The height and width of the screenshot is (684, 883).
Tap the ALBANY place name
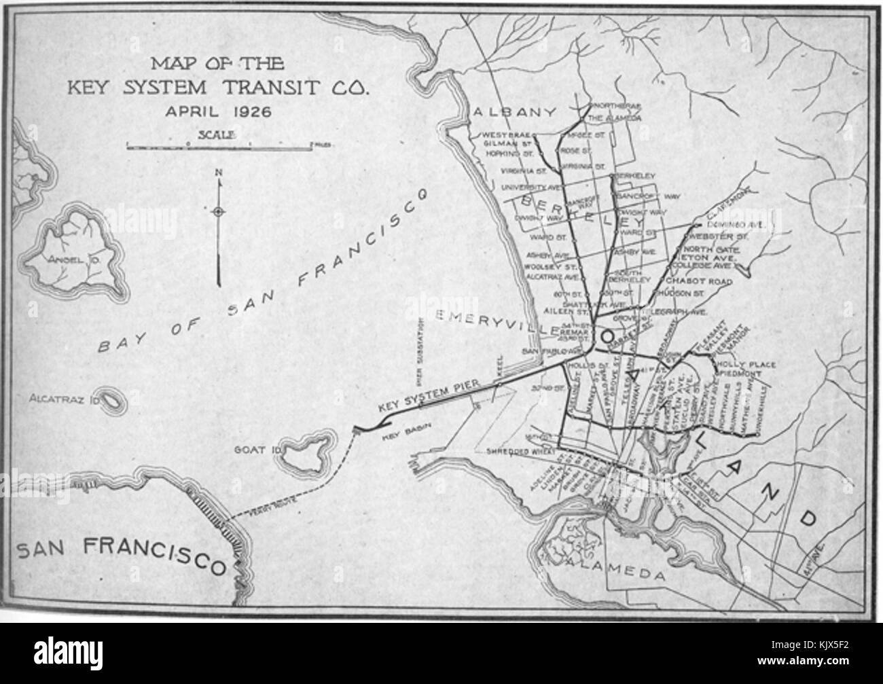point(516,111)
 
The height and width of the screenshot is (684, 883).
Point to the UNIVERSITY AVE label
point(524,187)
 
